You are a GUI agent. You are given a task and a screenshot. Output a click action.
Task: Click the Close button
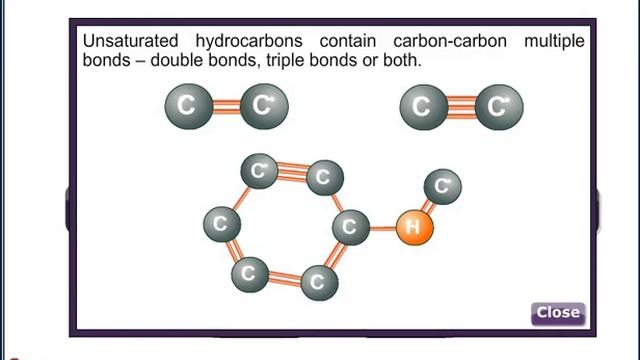557,312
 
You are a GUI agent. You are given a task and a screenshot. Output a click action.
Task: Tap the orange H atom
412,228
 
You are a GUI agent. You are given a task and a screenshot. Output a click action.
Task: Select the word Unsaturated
124,42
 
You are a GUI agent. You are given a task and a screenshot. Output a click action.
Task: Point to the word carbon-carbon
437,42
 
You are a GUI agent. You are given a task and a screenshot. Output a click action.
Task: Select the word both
400,60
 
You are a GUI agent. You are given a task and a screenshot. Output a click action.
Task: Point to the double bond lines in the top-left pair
224,105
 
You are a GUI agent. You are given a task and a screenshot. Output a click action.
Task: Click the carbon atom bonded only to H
442,185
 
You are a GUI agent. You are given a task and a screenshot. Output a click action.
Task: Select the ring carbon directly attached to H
349,226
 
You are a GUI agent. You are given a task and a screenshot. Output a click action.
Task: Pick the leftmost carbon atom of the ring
221,223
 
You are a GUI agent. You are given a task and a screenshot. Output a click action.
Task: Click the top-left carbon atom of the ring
260,171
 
